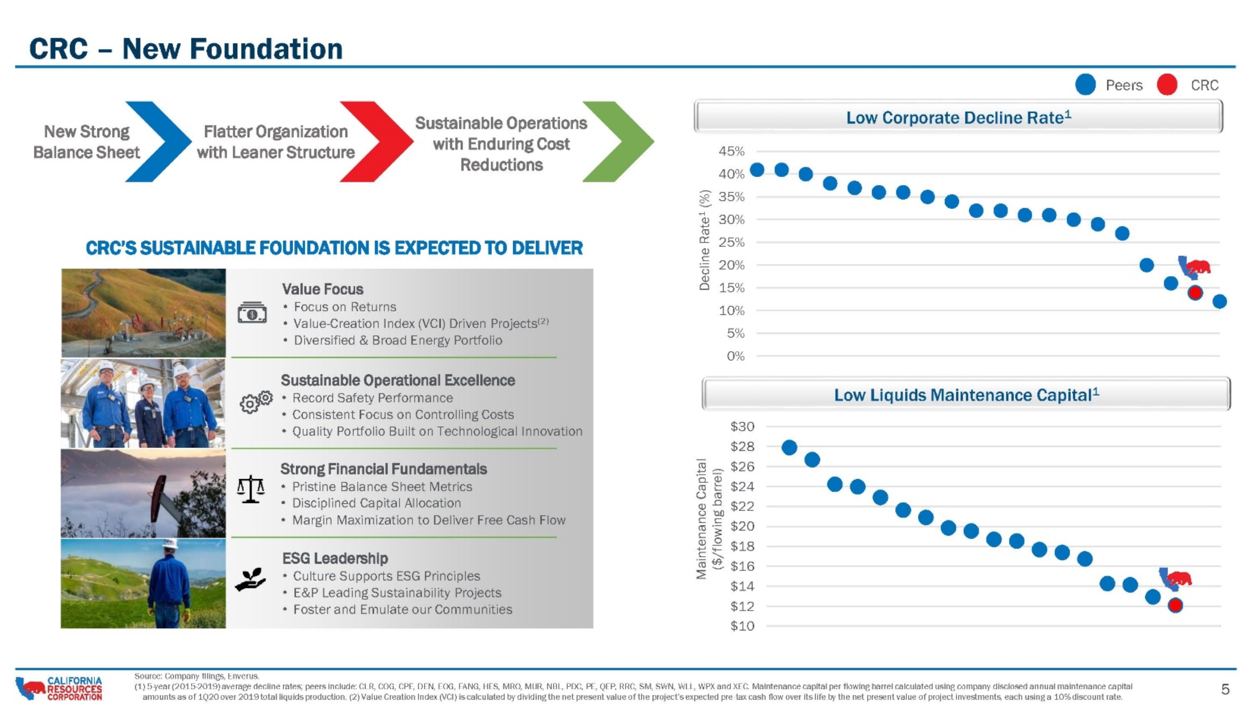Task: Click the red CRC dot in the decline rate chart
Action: tap(1195, 292)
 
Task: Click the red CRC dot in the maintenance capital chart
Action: tap(1175, 605)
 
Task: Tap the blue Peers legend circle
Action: tap(1085, 84)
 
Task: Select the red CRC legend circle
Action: tap(1167, 84)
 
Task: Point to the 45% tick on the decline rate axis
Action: tap(732, 151)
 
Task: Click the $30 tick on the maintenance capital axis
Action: tap(742, 426)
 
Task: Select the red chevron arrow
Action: tap(377, 142)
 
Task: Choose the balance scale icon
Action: tap(251, 489)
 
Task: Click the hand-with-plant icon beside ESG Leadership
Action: tap(250, 579)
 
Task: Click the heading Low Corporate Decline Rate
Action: tap(959, 117)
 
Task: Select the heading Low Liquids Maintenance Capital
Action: tap(966, 395)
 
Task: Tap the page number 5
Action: tap(1225, 689)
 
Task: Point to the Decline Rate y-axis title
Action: tap(704, 240)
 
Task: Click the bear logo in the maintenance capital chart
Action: tap(1175, 578)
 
